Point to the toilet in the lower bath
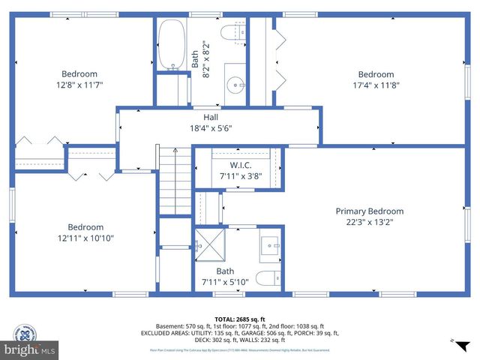[268, 279]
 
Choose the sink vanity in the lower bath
[270, 246]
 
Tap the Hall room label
[211, 117]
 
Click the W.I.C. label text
[240, 165]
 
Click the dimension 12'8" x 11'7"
[79, 85]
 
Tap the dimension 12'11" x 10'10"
[85, 238]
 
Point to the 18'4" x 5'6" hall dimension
[211, 128]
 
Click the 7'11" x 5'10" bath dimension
[225, 283]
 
